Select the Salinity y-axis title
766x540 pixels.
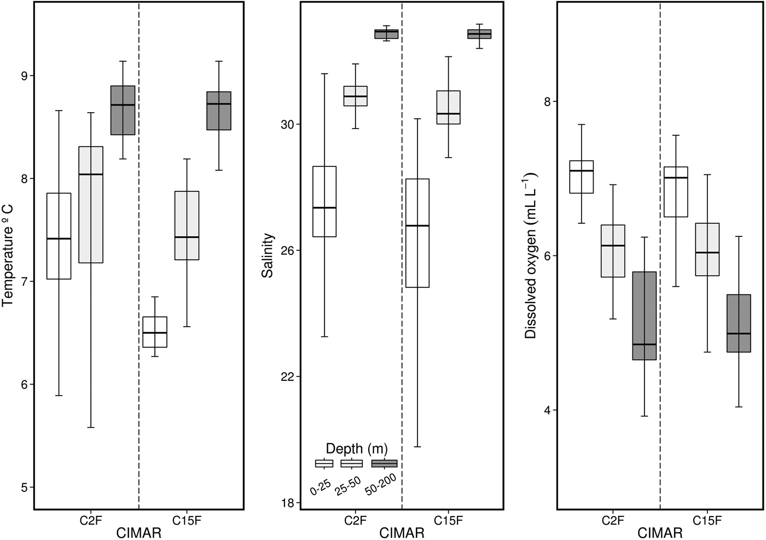click(268, 256)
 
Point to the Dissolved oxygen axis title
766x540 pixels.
click(530, 256)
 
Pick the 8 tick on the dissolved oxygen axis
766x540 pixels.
click(547, 102)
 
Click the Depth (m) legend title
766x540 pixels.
click(356, 449)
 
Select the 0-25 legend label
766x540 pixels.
click(321, 484)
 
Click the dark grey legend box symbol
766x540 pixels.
click(385, 464)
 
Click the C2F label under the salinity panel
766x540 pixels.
click(356, 520)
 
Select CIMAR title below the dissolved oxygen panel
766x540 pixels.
click(660, 533)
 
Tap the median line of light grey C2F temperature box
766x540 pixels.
click(91, 175)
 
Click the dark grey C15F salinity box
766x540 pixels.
click(479, 34)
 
